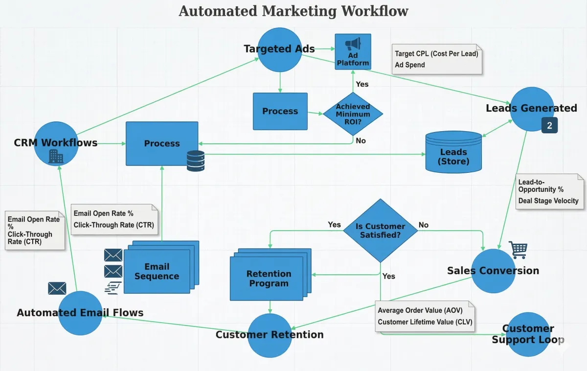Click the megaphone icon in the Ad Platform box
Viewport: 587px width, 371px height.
(353, 45)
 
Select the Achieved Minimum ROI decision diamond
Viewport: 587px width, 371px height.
(353, 114)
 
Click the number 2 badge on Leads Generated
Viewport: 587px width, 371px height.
(549, 126)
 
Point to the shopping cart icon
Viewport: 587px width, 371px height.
(518, 250)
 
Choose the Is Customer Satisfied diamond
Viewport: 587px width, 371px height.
(380, 231)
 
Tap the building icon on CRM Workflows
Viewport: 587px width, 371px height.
(56, 157)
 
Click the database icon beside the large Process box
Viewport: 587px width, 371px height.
(196, 161)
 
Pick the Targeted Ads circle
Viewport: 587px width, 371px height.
(280, 49)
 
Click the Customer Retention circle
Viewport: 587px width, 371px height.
(270, 335)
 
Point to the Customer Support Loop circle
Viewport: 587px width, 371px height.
(527, 334)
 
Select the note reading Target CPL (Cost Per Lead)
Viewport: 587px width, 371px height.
(436, 54)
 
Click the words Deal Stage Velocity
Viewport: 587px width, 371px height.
(548, 201)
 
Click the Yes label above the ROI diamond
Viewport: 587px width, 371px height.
(362, 84)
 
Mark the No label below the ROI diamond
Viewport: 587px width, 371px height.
(361, 141)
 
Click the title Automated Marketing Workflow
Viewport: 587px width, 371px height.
(293, 11)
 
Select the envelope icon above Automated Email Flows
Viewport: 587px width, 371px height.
(57, 288)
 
